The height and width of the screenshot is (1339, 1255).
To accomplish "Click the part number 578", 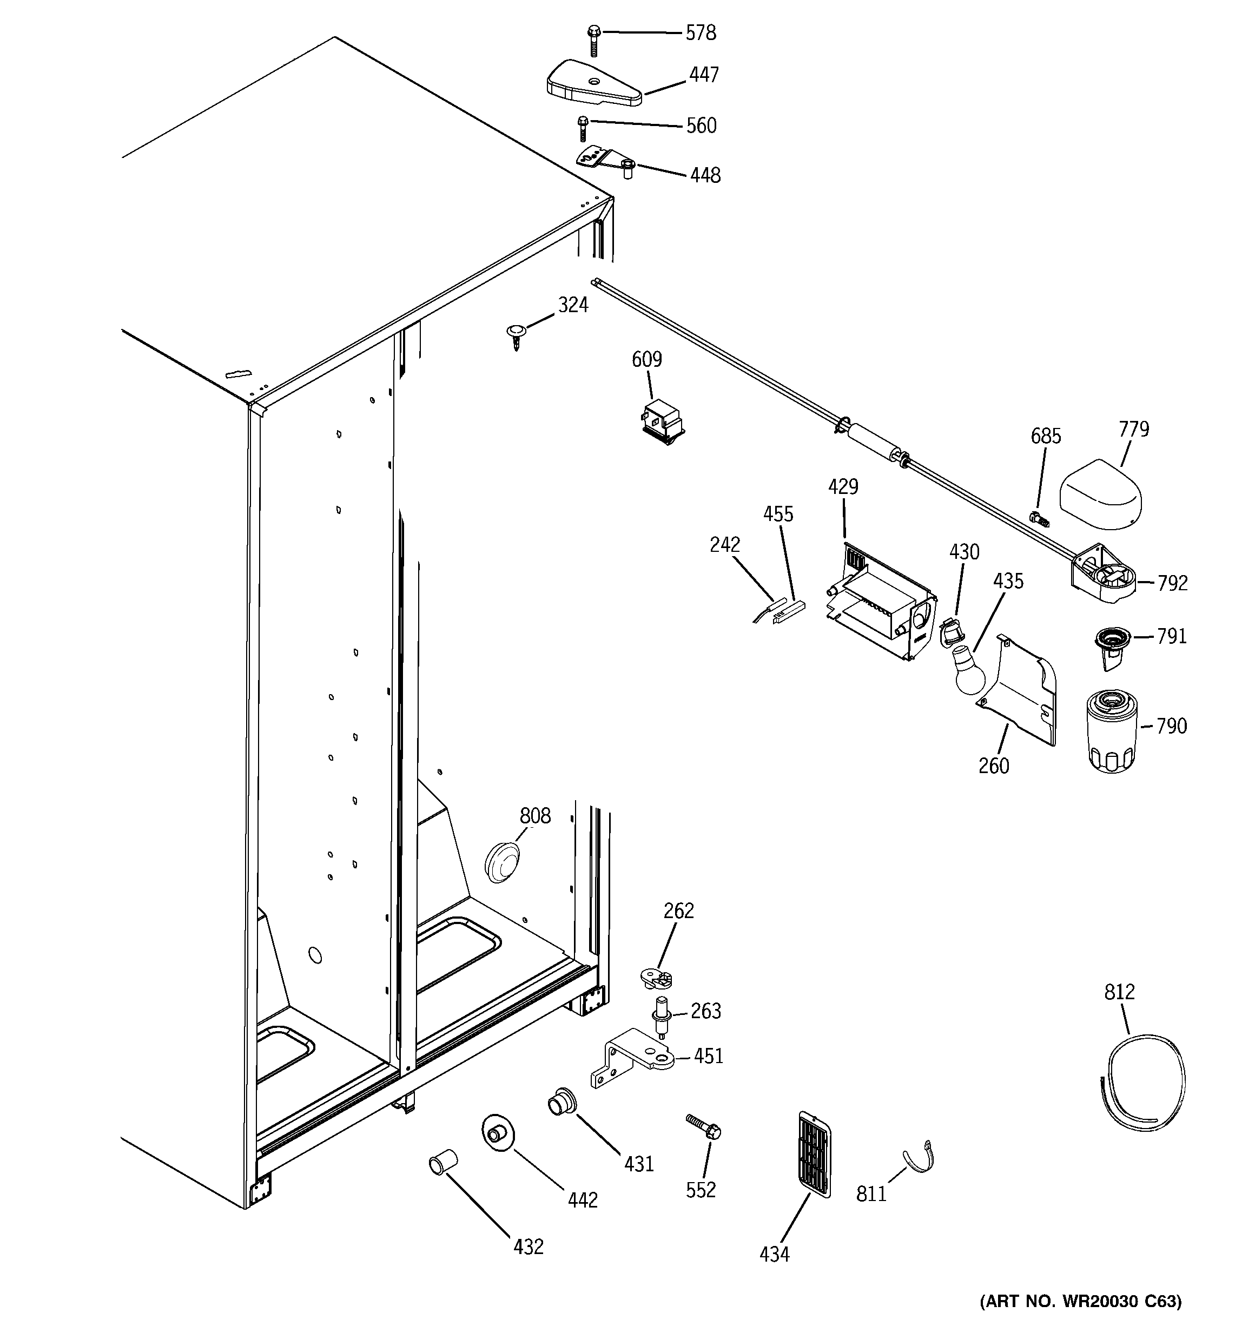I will pyautogui.click(x=701, y=33).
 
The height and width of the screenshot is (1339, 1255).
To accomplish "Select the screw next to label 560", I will pyautogui.click(x=583, y=128).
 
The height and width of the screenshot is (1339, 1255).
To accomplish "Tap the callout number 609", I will pyautogui.click(x=646, y=360).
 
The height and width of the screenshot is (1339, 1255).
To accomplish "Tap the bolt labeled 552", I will pyautogui.click(x=704, y=1127).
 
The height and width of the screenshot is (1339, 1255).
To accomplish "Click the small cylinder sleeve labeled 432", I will pyautogui.click(x=443, y=1163).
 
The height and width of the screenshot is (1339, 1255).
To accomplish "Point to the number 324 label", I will pyautogui.click(x=573, y=306).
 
